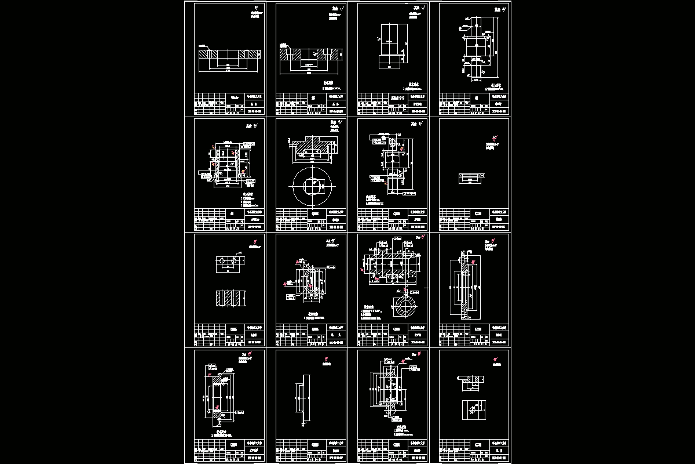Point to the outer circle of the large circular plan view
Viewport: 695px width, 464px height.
pos(313,168)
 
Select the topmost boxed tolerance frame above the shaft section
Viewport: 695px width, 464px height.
pos(398,238)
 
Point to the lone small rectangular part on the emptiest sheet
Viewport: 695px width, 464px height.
pos(470,178)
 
